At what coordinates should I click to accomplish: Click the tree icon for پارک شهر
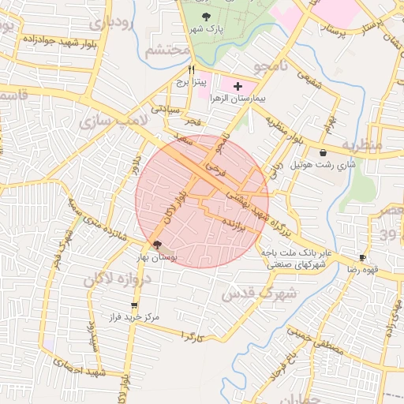pos(206,15)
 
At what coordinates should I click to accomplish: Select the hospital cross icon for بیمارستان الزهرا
pos(238,84)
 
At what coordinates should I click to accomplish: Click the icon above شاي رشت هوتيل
pos(324,152)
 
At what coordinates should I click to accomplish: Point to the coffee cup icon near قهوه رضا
pos(363,257)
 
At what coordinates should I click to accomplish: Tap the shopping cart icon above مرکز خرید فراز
pos(134,305)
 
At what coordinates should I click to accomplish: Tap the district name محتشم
pos(168,52)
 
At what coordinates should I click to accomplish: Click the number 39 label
pos(391,234)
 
